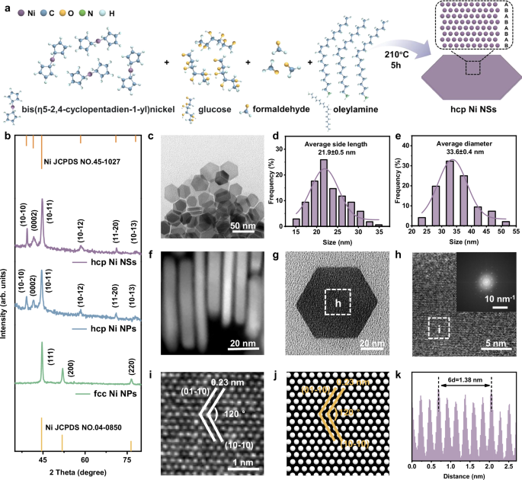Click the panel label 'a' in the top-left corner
(x=6, y=7)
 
